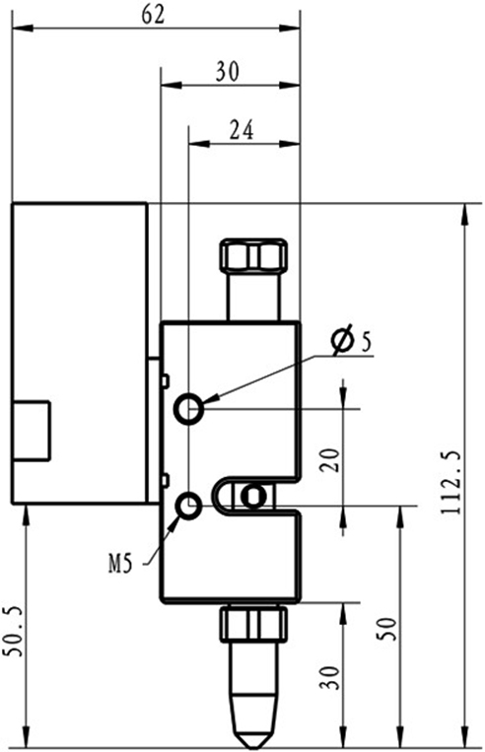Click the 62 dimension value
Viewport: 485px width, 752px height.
pyautogui.click(x=153, y=15)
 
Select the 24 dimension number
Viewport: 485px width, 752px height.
pyautogui.click(x=242, y=130)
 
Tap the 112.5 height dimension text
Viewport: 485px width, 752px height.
pyautogui.click(x=450, y=483)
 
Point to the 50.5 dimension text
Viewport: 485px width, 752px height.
pyautogui.click(x=13, y=632)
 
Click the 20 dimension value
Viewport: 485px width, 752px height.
pyautogui.click(x=330, y=460)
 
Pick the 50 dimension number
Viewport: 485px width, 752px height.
pyautogui.click(x=386, y=629)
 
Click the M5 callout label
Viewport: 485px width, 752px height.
pyautogui.click(x=119, y=565)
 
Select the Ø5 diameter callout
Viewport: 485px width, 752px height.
pyautogui.click(x=352, y=340)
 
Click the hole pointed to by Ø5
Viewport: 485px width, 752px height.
pyautogui.click(x=189, y=409)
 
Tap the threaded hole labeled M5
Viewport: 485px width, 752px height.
pyautogui.click(x=189, y=506)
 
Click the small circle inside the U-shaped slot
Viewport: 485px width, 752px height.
pyautogui.click(x=252, y=497)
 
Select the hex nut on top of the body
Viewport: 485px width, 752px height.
pyautogui.click(x=253, y=254)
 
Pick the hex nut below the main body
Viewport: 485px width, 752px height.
pyautogui.click(x=253, y=624)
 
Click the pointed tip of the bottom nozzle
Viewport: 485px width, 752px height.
pyautogui.click(x=252, y=747)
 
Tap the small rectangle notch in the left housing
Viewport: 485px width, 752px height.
pyautogui.click(x=32, y=431)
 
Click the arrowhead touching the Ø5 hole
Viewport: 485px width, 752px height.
pyautogui.click(x=212, y=399)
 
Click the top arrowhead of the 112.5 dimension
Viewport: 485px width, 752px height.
pyautogui.click(x=464, y=215)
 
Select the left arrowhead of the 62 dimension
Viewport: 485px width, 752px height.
pyautogui.click(x=23, y=28)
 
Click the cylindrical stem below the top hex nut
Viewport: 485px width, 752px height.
pyautogui.click(x=253, y=296)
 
